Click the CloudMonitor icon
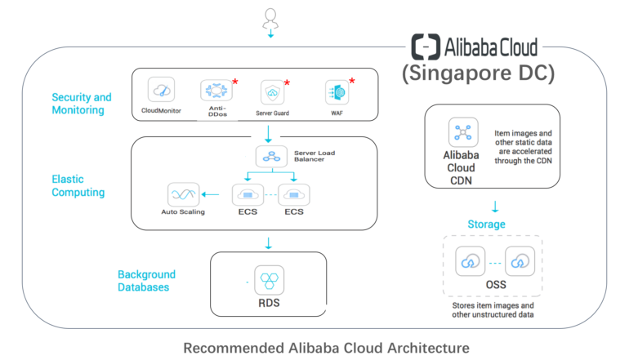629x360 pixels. pos(162,90)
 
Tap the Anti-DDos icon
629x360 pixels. pos(216,90)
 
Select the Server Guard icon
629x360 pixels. pos(271,91)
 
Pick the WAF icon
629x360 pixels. pos(337,91)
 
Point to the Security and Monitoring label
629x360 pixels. pos(82,104)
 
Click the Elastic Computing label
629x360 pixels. pos(78,185)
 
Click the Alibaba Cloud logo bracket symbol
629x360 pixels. pos(426,45)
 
